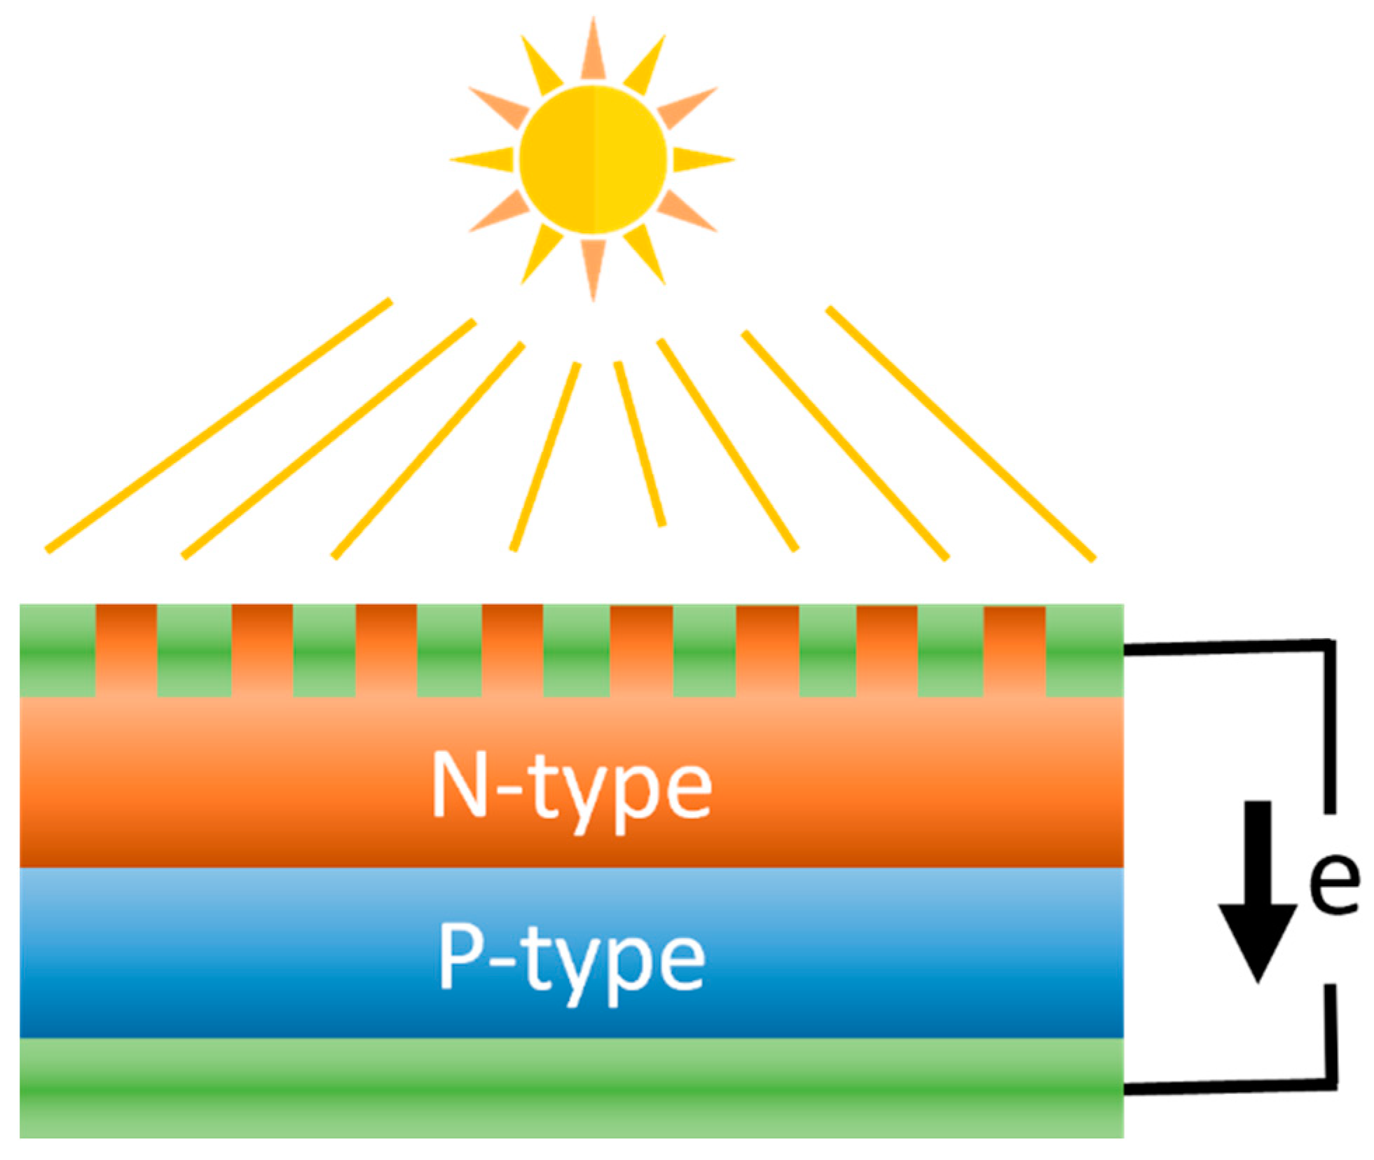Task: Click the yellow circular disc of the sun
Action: [x=592, y=160]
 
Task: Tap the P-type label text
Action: [x=571, y=959]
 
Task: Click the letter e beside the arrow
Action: [x=1333, y=883]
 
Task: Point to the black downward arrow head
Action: [x=1258, y=939]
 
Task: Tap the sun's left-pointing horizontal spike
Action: [x=483, y=160]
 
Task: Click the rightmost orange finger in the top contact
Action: [x=1014, y=650]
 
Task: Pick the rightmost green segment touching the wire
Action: [x=1084, y=650]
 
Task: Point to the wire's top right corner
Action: [x=1329, y=645]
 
